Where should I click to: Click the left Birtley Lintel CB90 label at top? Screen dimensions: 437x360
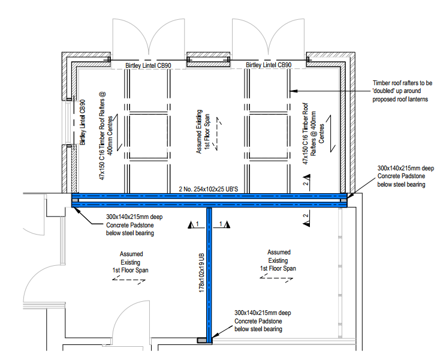pos(148,65)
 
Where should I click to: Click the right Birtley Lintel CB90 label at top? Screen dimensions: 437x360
pos(269,65)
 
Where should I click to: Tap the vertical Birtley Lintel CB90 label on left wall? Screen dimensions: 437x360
pos(82,122)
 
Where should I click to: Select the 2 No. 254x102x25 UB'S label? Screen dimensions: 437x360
pos(209,189)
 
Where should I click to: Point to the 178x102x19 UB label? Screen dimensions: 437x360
pos(201,272)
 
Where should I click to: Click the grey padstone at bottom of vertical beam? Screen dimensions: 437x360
pos(202,340)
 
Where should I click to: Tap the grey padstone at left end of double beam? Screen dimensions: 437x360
pos(76,200)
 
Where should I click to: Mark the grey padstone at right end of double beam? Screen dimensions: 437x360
pos(343,200)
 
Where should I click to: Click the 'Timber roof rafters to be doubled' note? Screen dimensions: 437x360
pos(402,91)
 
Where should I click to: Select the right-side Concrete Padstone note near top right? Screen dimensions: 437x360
pos(405,176)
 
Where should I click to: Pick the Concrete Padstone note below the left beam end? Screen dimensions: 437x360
pos(134,225)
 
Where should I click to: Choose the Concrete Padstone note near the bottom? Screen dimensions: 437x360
pos(263,320)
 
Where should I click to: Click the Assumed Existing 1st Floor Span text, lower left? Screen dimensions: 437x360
pos(130,262)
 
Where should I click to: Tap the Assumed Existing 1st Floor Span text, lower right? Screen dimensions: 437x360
pos(278,260)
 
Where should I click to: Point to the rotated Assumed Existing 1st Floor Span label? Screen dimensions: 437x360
pos(203,131)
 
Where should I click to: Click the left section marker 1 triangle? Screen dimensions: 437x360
pos(191,225)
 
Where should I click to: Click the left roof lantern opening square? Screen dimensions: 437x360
pos(149,137)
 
